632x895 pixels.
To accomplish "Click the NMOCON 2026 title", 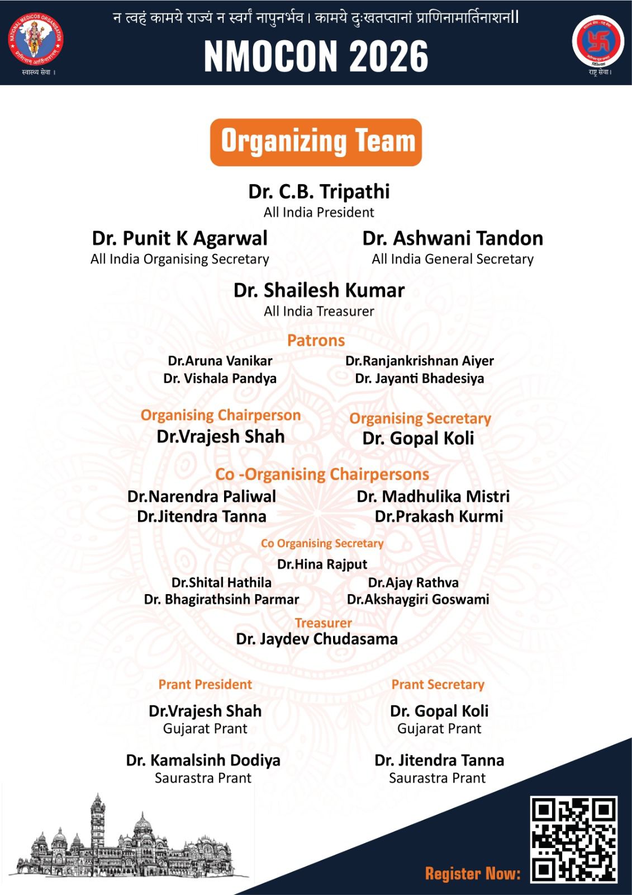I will (316, 56).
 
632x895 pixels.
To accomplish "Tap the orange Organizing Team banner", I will (316, 142).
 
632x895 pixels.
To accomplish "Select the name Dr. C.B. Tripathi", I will (319, 192).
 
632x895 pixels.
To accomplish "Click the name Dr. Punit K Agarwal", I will (180, 239).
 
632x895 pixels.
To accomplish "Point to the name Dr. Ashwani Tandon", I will (453, 239).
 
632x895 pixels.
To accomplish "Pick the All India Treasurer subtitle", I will (319, 312).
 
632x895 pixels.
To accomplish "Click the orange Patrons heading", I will (316, 341).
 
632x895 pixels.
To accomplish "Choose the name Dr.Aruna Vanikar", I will (220, 361).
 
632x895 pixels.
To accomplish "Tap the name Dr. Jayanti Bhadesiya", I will (420, 379).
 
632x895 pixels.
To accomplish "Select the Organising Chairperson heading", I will (221, 416).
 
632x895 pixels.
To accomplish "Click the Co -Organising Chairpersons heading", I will (322, 474).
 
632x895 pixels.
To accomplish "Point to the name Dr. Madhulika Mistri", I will (433, 497).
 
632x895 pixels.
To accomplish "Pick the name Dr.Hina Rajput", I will (322, 564).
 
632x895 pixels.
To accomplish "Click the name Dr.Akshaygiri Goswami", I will (418, 600).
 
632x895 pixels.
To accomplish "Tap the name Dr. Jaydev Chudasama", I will (317, 639).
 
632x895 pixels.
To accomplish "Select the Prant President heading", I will (205, 685).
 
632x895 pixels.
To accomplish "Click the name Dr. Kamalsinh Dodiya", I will (203, 761).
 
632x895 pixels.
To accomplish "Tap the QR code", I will (574, 840).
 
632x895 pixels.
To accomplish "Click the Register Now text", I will (473, 874).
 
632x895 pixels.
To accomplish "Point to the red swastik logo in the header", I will (598, 41).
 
